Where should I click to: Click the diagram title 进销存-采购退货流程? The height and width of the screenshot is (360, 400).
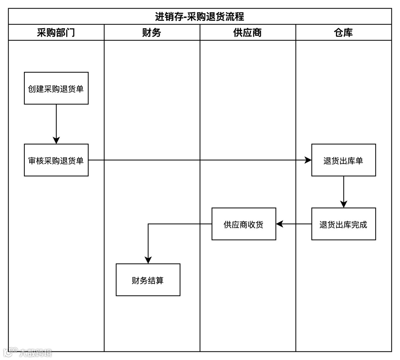click(x=200, y=17)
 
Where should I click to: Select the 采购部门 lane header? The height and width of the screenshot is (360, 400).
click(x=56, y=33)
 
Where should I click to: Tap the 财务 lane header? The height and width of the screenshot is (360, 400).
click(x=152, y=33)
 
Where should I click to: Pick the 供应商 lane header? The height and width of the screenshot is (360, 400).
click(x=247, y=33)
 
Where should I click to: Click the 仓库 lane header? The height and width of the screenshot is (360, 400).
click(x=343, y=33)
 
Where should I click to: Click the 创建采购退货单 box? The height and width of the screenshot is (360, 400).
click(x=56, y=88)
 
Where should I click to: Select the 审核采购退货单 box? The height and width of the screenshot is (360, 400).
click(x=56, y=160)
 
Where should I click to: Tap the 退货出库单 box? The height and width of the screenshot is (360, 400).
click(x=343, y=160)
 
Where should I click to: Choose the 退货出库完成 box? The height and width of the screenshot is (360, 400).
click(x=343, y=224)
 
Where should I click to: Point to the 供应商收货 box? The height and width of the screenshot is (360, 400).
click(x=244, y=224)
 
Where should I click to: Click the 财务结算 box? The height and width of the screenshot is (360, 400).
click(x=148, y=280)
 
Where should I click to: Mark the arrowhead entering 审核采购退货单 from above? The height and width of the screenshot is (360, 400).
click(x=56, y=140)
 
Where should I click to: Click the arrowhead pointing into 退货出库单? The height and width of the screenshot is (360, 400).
click(x=308, y=160)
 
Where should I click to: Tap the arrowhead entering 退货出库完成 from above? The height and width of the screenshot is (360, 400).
click(x=343, y=204)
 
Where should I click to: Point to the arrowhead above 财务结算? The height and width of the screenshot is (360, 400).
click(x=148, y=260)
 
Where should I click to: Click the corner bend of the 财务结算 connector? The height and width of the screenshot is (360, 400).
click(x=148, y=224)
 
